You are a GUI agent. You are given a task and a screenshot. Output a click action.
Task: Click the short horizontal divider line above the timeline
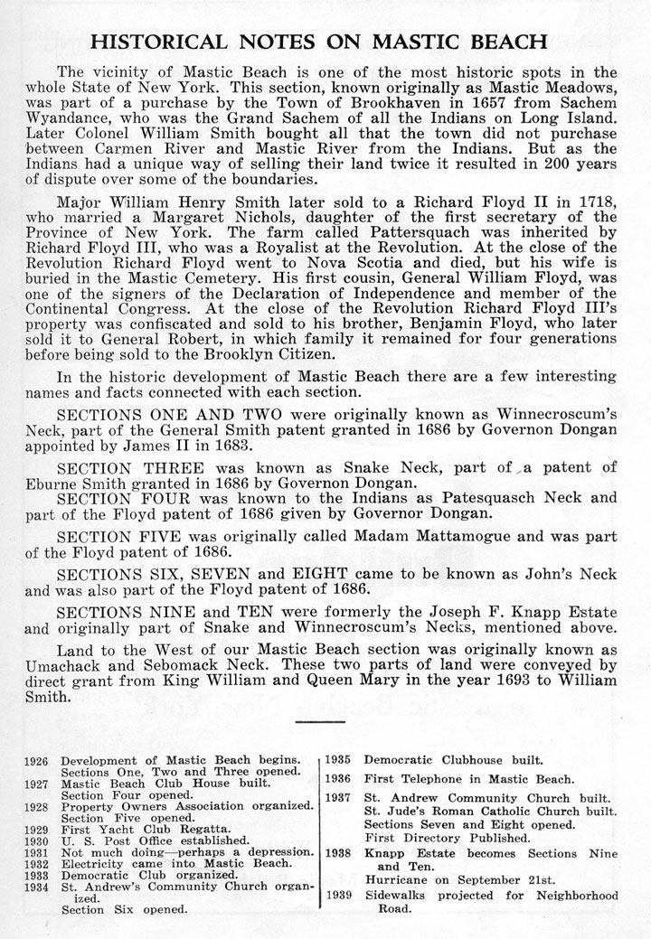325,721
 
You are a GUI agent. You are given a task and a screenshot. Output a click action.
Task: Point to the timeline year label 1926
38,762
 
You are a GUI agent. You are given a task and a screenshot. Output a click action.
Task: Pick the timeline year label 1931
38,852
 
